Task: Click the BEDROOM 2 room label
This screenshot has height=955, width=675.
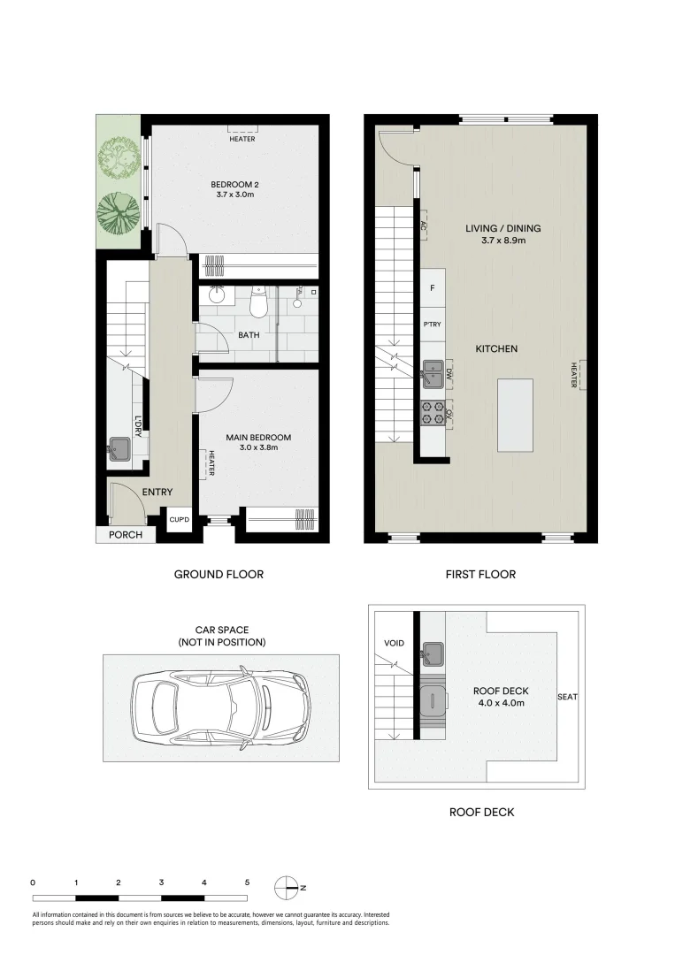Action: click(x=234, y=184)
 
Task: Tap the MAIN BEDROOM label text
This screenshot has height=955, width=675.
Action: click(x=257, y=437)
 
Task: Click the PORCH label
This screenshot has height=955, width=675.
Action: click(x=125, y=535)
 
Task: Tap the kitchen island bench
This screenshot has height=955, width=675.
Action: click(x=516, y=414)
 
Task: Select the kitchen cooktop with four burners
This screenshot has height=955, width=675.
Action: click(x=433, y=413)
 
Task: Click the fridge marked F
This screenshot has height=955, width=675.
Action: click(x=433, y=288)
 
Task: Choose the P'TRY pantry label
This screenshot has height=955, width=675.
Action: click(x=433, y=325)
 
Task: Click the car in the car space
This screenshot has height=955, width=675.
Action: click(x=220, y=708)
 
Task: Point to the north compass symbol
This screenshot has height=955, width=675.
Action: click(x=288, y=886)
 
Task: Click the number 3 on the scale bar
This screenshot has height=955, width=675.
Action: click(x=162, y=882)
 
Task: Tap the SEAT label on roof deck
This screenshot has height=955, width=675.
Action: click(x=567, y=697)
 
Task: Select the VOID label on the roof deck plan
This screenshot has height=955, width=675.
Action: click(x=394, y=643)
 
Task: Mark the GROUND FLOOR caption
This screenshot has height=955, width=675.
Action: click(x=219, y=574)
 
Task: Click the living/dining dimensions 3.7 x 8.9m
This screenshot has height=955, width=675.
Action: click(x=502, y=241)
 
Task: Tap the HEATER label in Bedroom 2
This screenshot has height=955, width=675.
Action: click(x=242, y=139)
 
